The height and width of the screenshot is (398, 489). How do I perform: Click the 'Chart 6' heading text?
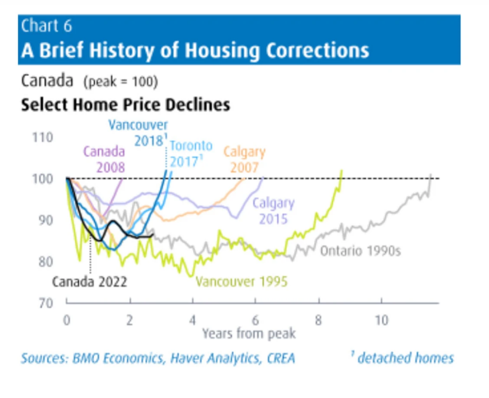(x=46, y=26)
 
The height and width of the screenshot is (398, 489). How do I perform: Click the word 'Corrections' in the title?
(x=317, y=50)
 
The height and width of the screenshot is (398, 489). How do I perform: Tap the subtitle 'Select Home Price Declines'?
(x=125, y=105)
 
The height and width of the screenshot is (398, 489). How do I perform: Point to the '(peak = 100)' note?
(x=120, y=82)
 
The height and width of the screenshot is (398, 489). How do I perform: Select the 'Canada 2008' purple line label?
(x=104, y=159)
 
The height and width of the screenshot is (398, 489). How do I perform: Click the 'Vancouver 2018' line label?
(x=138, y=133)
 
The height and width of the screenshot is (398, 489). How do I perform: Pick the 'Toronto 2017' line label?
(x=191, y=153)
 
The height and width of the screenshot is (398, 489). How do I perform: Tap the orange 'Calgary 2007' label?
(x=244, y=160)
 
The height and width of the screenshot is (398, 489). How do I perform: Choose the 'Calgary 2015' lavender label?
(x=274, y=210)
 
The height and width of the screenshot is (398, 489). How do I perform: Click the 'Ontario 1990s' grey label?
(x=360, y=251)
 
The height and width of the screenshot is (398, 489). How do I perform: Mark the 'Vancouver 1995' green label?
(x=242, y=281)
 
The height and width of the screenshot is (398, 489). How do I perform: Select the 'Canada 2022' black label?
(x=89, y=282)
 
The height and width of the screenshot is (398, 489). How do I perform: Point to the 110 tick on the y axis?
(x=43, y=138)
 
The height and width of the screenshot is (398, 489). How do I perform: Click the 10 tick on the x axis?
(x=381, y=320)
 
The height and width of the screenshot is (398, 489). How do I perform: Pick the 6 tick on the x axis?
(x=255, y=320)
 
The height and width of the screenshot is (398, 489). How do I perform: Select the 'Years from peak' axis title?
(x=249, y=333)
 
